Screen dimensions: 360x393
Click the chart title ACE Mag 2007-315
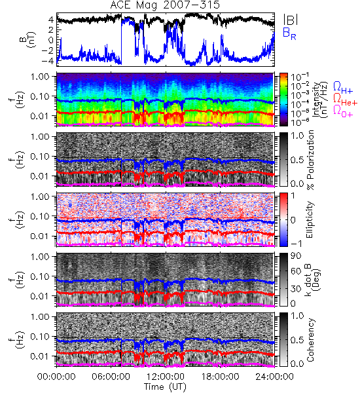pos(165,5)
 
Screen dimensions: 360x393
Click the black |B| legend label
pos(291,20)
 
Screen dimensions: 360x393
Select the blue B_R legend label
pos(289,34)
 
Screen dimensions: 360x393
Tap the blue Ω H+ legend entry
pos(343,88)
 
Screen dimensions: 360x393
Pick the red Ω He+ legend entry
pos(345,100)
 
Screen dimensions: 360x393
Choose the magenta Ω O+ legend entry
pos(343,111)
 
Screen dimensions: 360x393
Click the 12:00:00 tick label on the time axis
pos(166,377)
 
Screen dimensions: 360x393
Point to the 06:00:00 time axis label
pos(111,377)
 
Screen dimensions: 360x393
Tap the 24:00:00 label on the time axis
pos(274,377)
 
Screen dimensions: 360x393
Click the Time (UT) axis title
pos(165,387)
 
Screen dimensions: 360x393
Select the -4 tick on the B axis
pos(47,61)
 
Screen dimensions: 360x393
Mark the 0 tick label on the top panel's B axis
pos(51,40)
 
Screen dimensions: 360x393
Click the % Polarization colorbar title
pos(310,160)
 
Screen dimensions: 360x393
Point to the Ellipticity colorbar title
pos(310,219)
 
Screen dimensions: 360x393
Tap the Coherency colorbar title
pos(310,340)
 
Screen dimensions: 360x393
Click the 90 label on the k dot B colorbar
pos(296,255)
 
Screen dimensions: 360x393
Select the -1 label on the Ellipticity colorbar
pos(296,244)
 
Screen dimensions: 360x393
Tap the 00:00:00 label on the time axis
pos(56,377)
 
